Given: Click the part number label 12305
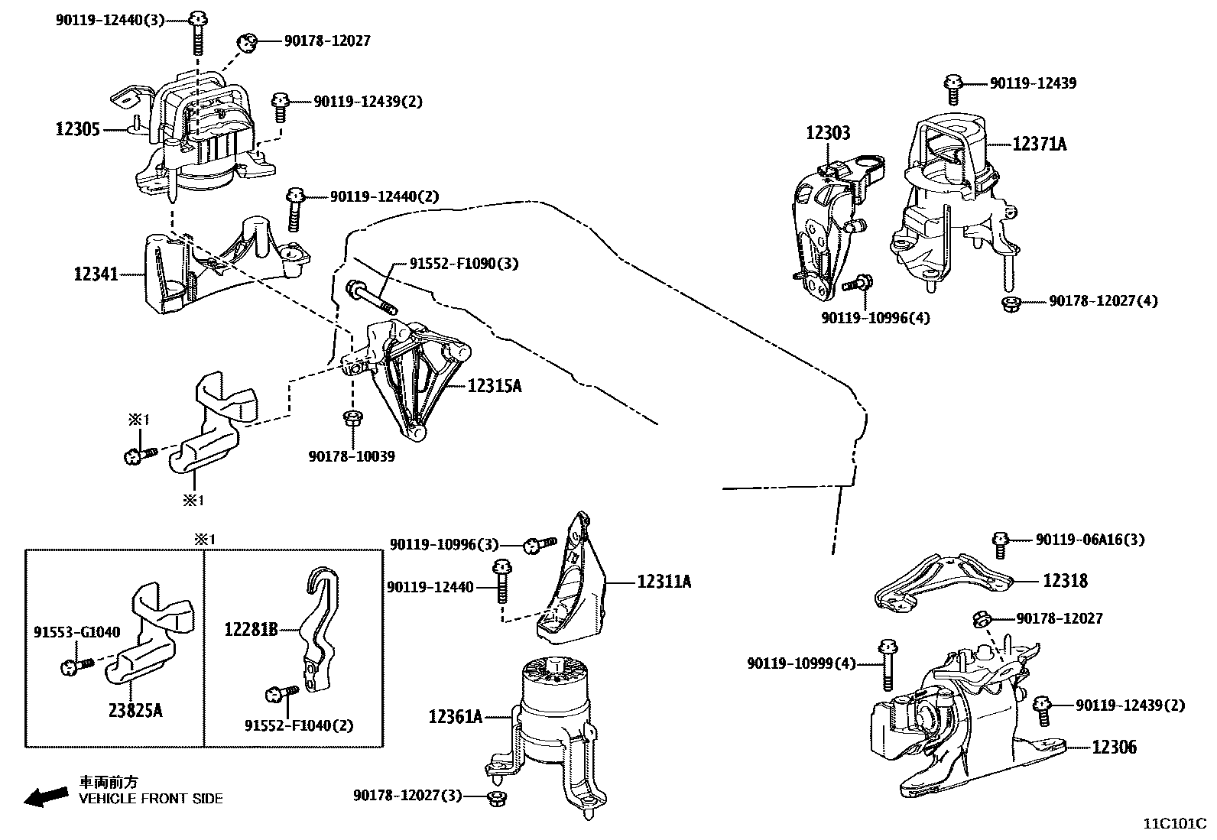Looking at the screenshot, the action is pyautogui.click(x=78, y=129).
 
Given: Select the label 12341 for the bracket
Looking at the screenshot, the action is pyautogui.click(x=96, y=274).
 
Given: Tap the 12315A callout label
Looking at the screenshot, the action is pyautogui.click(x=495, y=386).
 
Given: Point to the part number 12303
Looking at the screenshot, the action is pyautogui.click(x=828, y=132).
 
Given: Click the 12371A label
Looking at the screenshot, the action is pyautogui.click(x=1040, y=144).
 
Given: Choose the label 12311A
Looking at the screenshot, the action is pyautogui.click(x=664, y=582).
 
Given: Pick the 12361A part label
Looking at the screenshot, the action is pyautogui.click(x=456, y=717).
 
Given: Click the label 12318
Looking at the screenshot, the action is pyautogui.click(x=1066, y=581).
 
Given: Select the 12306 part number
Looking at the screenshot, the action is pyautogui.click(x=1115, y=747).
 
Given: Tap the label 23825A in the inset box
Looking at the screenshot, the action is pyautogui.click(x=135, y=710).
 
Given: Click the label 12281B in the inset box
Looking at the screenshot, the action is pyautogui.click(x=251, y=630).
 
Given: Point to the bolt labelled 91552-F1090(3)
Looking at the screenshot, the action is pyautogui.click(x=371, y=297).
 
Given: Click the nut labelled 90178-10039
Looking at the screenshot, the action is pyautogui.click(x=353, y=419).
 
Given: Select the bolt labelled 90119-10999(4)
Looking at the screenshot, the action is pyautogui.click(x=888, y=665).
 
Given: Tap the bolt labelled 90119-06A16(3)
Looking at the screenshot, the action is pyautogui.click(x=1000, y=545).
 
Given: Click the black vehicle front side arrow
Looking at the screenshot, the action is pyautogui.click(x=46, y=797).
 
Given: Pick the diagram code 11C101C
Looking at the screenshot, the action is pyautogui.click(x=1175, y=824).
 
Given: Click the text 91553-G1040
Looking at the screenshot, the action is pyautogui.click(x=76, y=632).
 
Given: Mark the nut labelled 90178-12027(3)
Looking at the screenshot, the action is pyautogui.click(x=496, y=798).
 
